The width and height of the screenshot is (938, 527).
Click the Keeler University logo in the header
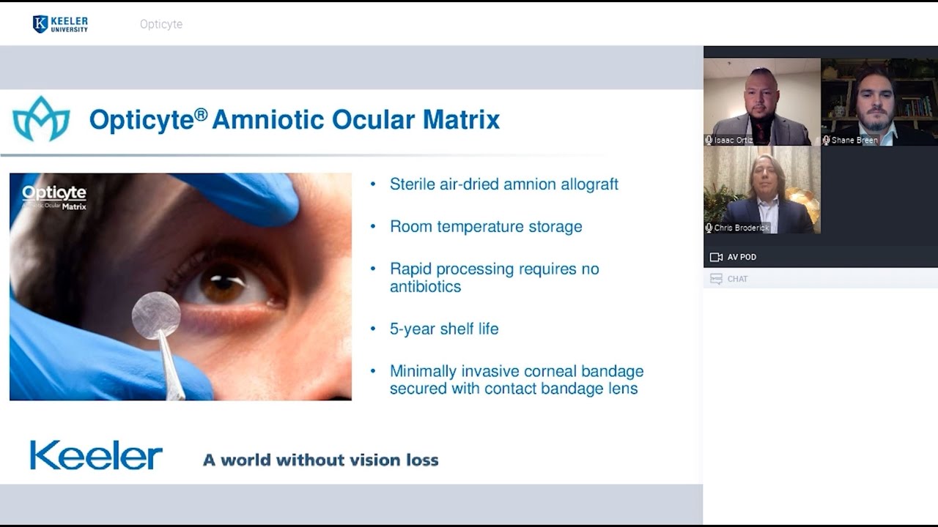(x=60, y=24)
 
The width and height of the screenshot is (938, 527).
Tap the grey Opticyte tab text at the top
(x=161, y=24)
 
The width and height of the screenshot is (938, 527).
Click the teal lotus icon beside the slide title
(x=41, y=119)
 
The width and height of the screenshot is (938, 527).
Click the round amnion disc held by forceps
(x=156, y=315)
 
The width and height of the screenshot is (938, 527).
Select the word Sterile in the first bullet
(x=413, y=184)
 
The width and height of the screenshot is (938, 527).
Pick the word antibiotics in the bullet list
(x=425, y=287)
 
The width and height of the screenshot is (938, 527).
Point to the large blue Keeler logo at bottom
(x=96, y=455)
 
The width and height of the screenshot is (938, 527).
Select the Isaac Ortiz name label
(x=734, y=140)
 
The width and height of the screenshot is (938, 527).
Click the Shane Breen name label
(x=854, y=140)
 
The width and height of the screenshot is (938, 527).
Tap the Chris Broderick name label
(x=742, y=228)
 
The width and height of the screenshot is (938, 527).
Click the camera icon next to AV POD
(x=716, y=257)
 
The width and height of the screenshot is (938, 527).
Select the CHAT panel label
(x=737, y=279)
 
